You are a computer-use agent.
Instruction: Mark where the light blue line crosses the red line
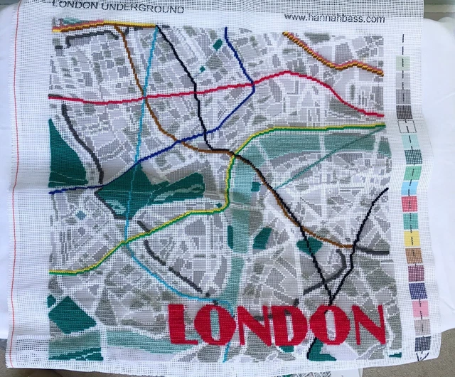click(147, 98)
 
